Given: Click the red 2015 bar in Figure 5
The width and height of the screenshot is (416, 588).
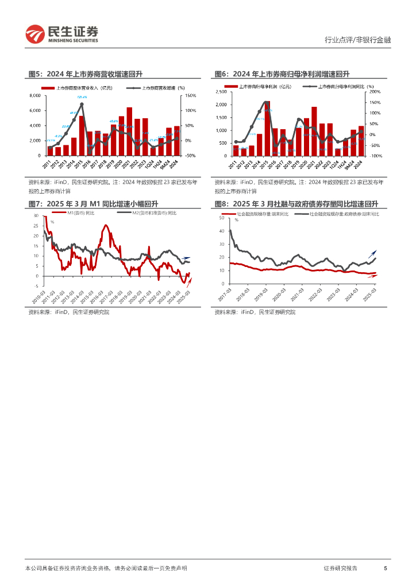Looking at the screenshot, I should coord(81,136).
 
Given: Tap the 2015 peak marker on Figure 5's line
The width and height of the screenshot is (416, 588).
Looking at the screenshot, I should coord(82,104).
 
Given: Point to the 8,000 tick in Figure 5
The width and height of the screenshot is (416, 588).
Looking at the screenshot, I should coord(35,95).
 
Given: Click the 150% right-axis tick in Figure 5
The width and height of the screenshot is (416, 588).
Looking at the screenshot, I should coord(191,95).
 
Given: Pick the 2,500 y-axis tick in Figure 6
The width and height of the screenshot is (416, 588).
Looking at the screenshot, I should coord(221,92).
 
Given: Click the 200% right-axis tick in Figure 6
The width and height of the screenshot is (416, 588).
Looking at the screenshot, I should coord(374,92).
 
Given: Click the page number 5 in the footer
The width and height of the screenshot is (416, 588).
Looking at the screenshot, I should coord(385,568).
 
